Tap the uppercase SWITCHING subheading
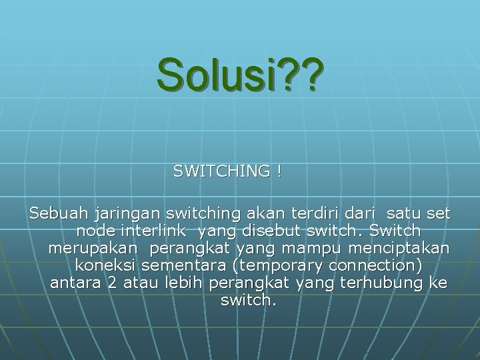pyautogui.click(x=221, y=171)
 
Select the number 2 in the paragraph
pyautogui.click(x=111, y=283)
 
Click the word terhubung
pyautogui.click(x=379, y=283)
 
